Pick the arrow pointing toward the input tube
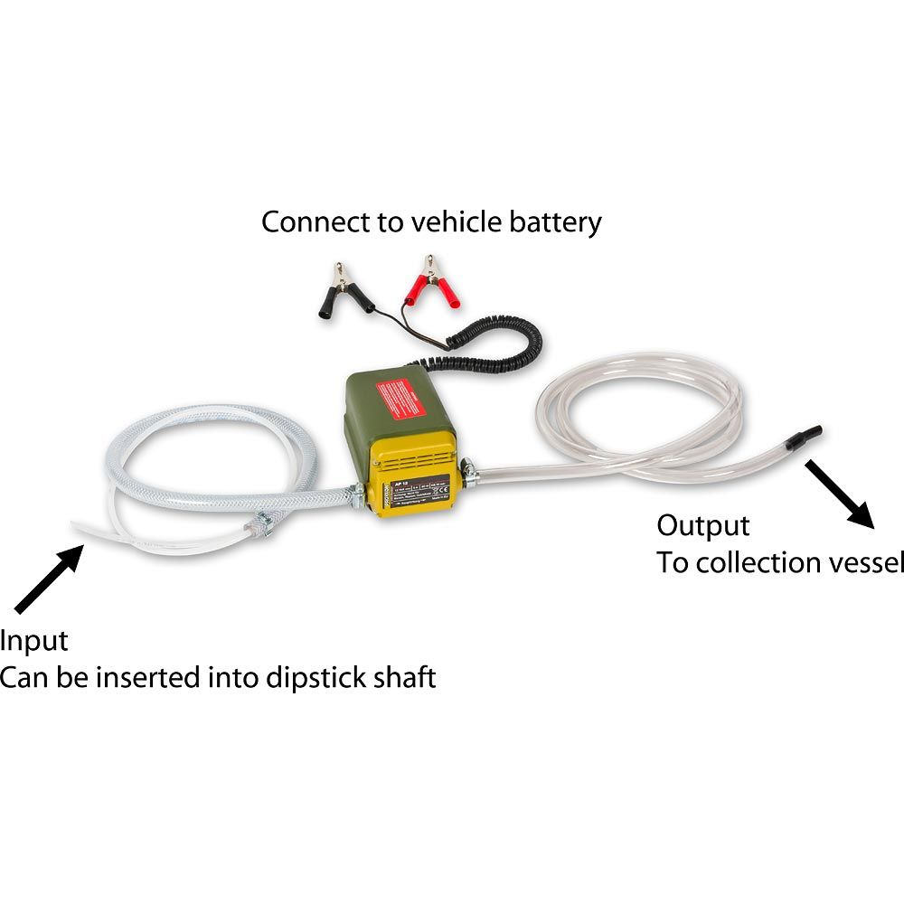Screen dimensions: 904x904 click(x=49, y=579)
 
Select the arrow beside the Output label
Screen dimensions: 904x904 click(x=840, y=494)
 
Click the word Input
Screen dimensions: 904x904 click(x=34, y=641)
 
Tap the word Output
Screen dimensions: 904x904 click(x=702, y=525)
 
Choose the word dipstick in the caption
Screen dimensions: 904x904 click(x=306, y=677)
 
